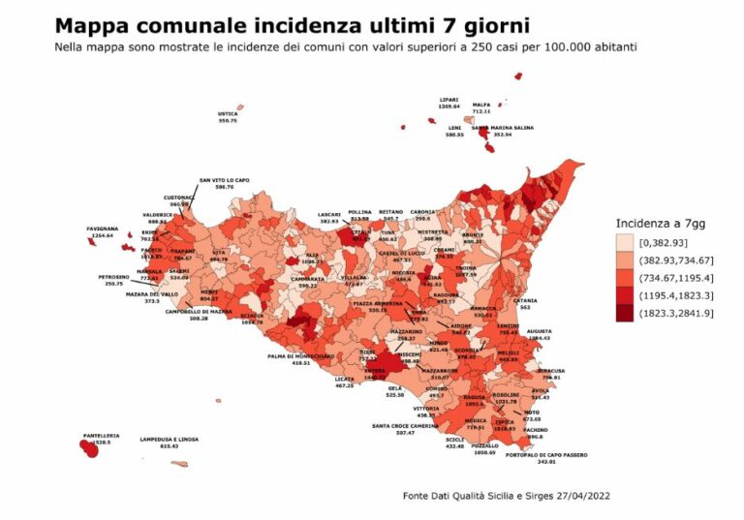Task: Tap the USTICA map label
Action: (228, 113)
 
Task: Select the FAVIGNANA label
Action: (103, 229)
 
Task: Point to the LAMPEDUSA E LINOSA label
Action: (169, 439)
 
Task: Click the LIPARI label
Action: (449, 99)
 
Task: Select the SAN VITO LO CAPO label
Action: (224, 180)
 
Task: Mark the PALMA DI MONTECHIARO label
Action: (301, 355)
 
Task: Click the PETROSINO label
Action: (115, 277)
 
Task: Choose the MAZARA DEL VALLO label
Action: (151, 293)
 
